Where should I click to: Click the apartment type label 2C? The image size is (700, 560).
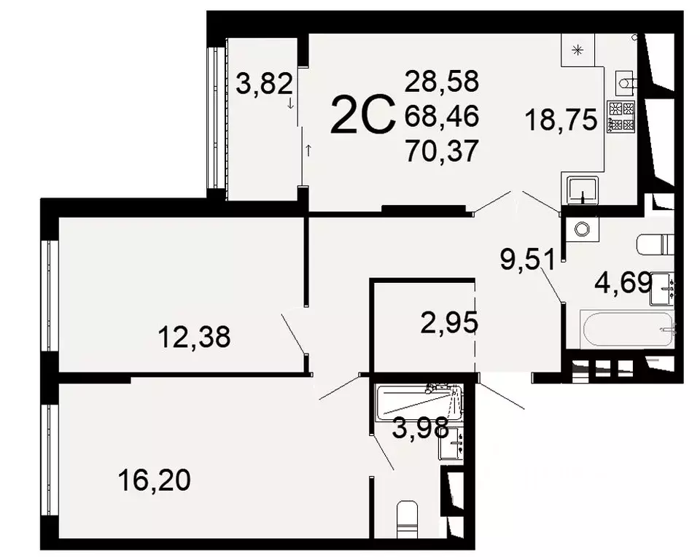pyautogui.click(x=362, y=117)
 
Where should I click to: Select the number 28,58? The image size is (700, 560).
pyautogui.click(x=442, y=82)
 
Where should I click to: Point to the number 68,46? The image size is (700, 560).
pyautogui.click(x=442, y=116)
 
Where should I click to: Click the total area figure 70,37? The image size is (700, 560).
pyautogui.click(x=442, y=151)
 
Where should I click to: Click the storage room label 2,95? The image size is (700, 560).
pyautogui.click(x=449, y=322)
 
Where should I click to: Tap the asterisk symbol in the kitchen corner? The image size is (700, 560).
pyautogui.click(x=578, y=50)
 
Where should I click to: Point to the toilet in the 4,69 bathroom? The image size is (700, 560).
pyautogui.click(x=655, y=244)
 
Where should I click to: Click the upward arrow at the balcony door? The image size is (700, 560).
pyautogui.click(x=308, y=151)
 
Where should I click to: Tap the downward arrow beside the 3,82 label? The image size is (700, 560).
pyautogui.click(x=291, y=104)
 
